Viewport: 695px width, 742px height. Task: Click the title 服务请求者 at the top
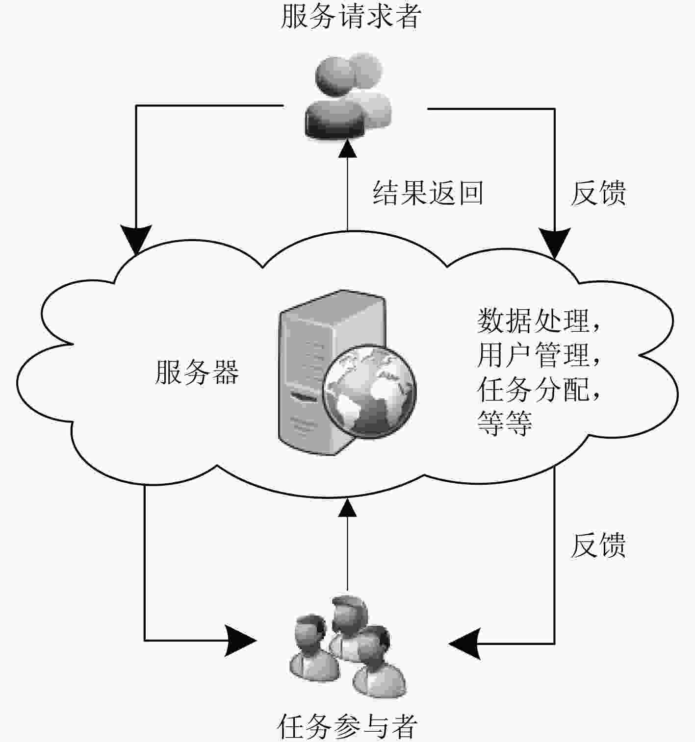(351, 16)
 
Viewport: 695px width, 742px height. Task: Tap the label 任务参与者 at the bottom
(347, 726)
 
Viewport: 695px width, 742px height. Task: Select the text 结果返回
(428, 193)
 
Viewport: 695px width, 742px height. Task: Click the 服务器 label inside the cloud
(197, 372)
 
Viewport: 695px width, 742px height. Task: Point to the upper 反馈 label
(598, 193)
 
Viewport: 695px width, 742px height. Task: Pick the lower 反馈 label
(598, 545)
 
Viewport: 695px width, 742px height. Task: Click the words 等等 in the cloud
(504, 423)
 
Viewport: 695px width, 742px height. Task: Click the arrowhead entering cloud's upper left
(136, 240)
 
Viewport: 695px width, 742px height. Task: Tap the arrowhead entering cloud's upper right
(554, 243)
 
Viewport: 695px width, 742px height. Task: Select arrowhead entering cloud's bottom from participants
(347, 508)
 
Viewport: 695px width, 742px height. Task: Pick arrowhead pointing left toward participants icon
(464, 644)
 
